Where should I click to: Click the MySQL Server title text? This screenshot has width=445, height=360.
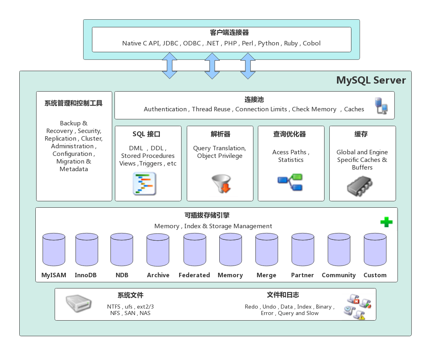coord(371,80)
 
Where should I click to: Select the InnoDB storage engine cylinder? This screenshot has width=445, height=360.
coord(87,250)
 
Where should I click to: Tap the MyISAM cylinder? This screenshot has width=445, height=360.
coord(54,250)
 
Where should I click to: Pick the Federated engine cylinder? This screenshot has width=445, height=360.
coord(195,250)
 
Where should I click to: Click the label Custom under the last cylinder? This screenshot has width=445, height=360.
coord(375,275)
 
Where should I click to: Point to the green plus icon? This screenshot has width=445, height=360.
coord(386,222)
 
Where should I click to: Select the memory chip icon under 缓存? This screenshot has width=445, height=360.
coord(360,186)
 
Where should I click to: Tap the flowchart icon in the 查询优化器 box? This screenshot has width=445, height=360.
coord(290,182)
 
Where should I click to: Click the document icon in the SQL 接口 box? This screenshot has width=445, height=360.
coord(145,184)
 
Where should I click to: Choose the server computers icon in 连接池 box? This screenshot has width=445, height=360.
coord(381,106)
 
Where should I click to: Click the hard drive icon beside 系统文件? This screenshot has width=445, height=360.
coord(79,304)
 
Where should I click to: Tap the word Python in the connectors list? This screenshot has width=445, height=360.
coord(268,43)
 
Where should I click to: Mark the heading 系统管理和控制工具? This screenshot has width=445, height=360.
coord(73,103)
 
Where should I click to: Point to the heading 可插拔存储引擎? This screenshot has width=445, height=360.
coord(207,216)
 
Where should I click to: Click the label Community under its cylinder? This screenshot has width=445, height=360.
coord(339,275)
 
